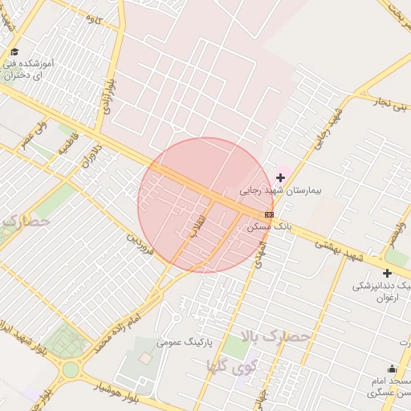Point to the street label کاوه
pos(94,19)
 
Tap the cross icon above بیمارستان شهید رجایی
pos(280,177)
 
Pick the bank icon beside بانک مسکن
pos(269,214)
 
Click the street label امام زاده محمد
pos(112,331)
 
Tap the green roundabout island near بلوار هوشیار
pos(71,370)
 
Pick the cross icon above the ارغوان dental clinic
pos(387,273)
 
